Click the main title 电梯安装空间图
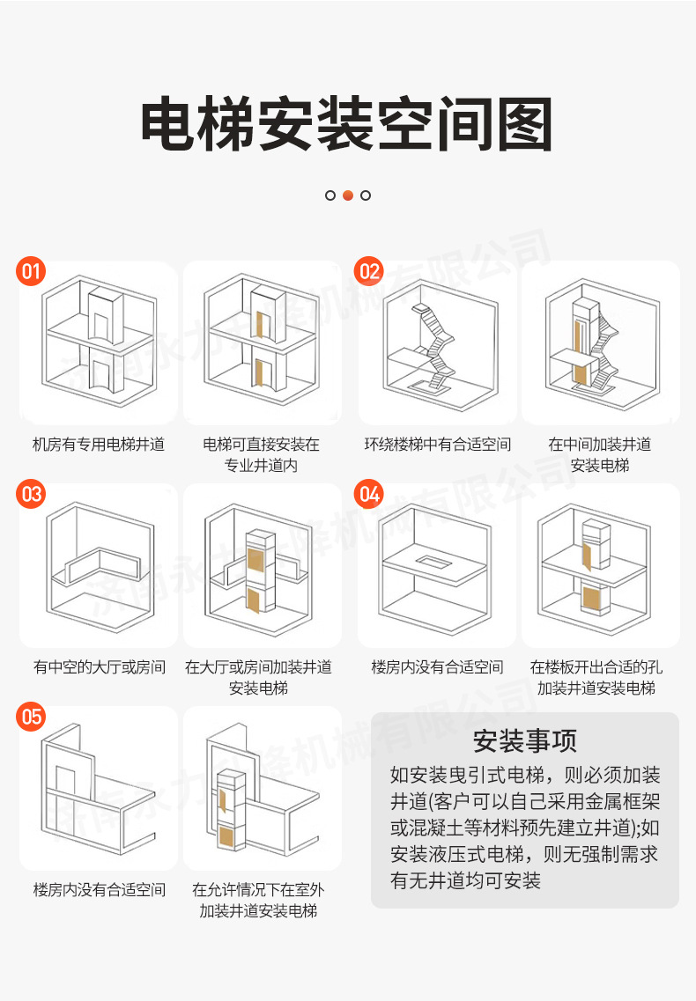pyautogui.click(x=347, y=124)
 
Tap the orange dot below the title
pyautogui.click(x=348, y=195)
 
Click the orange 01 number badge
pyautogui.click(x=32, y=271)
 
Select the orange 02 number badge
pyautogui.click(x=370, y=271)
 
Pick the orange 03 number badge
pyautogui.click(x=32, y=494)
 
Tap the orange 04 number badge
pyautogui.click(x=370, y=494)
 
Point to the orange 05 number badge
pyautogui.click(x=32, y=717)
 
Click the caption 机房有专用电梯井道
pyautogui.click(x=99, y=445)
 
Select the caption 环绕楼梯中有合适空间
pyautogui.click(x=437, y=445)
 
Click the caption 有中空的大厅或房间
pyautogui.click(x=99, y=667)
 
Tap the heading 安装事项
pyautogui.click(x=524, y=740)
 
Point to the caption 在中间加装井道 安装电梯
pyautogui.click(x=600, y=454)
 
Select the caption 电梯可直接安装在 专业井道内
pyautogui.click(x=261, y=454)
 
